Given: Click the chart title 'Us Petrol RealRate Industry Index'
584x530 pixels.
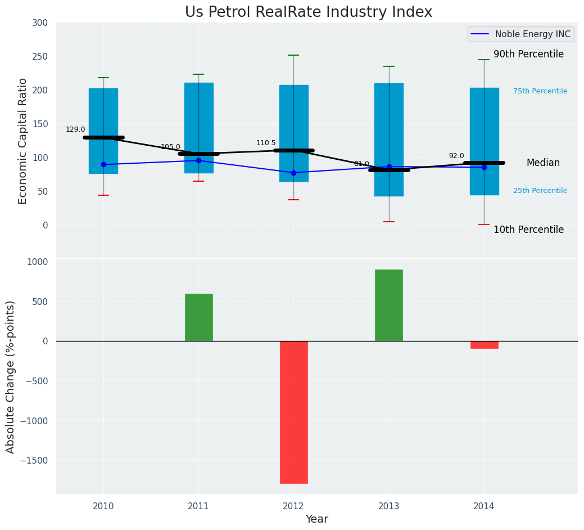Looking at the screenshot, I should coord(309,12).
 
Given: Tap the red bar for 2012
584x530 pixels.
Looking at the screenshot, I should coord(294,412).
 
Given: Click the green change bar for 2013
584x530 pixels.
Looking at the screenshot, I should coord(389,305).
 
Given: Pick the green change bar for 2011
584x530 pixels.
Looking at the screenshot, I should coord(199,317).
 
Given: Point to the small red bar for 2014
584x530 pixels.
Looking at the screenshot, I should coord(484,345).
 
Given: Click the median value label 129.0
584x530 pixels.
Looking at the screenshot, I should coord(75,129).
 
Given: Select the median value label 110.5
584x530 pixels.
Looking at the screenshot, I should coord(266,143).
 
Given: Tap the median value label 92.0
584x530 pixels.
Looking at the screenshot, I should coord(456,156).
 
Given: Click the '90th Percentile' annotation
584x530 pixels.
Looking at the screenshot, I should coord(528,54).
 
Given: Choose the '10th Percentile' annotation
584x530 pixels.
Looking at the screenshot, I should coord(528,230).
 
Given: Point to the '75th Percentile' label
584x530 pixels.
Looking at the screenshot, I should coord(540,91).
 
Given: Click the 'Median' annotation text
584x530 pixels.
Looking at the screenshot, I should coord(543,163).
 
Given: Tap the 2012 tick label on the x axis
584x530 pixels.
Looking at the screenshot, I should coord(293,506).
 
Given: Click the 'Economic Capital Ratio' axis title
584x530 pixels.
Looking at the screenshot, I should coord(23,141).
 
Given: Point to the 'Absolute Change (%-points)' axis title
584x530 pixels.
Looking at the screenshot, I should coord(11,376).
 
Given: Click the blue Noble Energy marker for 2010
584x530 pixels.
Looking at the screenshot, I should coord(103,164).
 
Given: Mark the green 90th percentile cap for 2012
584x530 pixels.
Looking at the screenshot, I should coord(293,55).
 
